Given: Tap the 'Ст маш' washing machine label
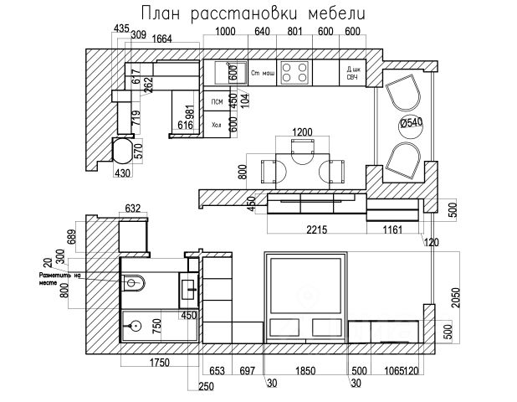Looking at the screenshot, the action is [263, 74].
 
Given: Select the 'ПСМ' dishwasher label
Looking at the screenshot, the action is [217, 101].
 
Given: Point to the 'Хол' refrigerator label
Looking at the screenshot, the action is [217, 125].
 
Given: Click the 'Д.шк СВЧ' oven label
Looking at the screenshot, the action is [353, 73].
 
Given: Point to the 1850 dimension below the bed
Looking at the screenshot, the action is [305, 370].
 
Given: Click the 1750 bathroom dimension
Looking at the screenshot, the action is [159, 363].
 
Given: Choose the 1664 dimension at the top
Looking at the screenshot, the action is [163, 37].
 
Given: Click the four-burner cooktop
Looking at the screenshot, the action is [294, 73].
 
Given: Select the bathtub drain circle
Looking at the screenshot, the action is [134, 324].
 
